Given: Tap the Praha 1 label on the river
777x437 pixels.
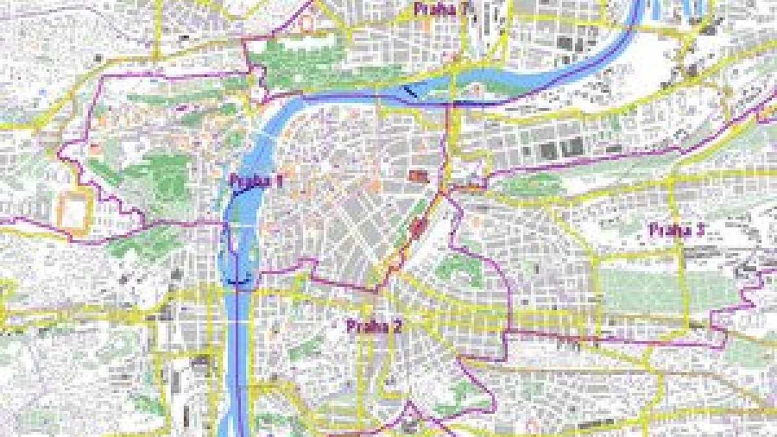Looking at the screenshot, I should [256, 181].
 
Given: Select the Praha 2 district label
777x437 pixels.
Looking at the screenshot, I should [374, 326].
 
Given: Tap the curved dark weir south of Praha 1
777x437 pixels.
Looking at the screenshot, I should [238, 282].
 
